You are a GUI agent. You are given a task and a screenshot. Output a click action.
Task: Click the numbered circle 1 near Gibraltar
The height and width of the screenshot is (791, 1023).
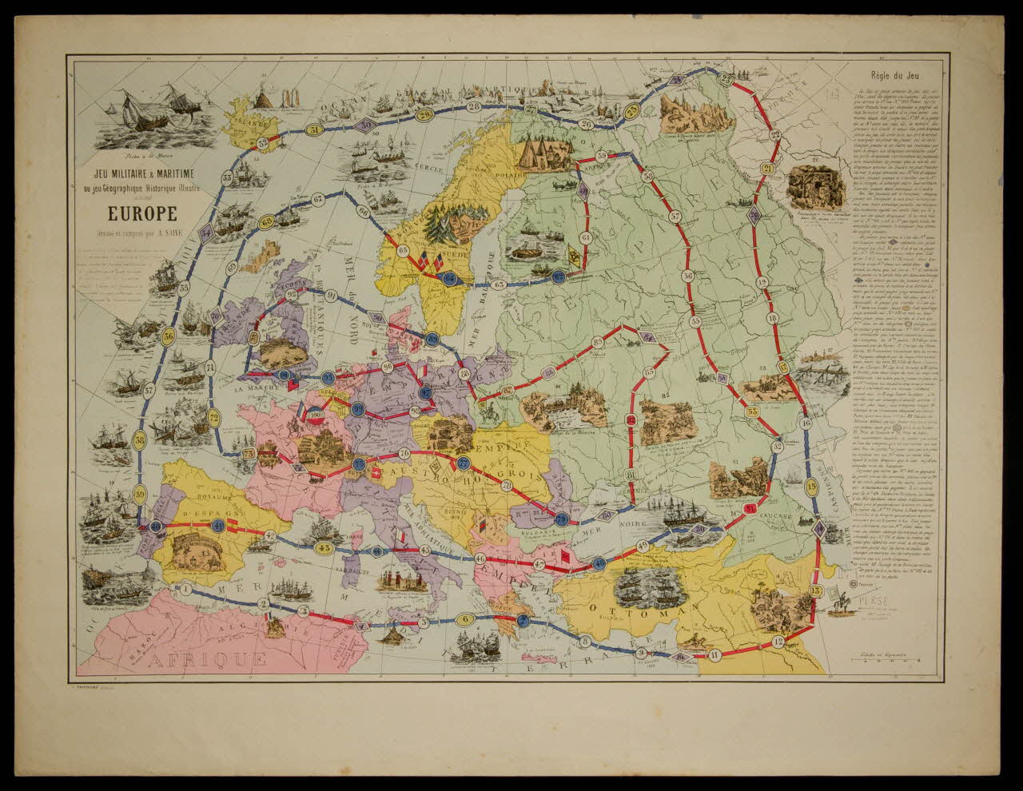pyautogui.click(x=185, y=590)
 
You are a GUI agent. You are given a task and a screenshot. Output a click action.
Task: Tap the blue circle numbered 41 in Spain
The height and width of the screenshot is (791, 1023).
pyautogui.click(x=217, y=524)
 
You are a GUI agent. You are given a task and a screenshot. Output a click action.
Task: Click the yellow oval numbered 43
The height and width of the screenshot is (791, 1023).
pyautogui.click(x=324, y=548)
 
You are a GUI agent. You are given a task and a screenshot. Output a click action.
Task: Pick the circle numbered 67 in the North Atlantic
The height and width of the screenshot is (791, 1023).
pyautogui.click(x=318, y=198)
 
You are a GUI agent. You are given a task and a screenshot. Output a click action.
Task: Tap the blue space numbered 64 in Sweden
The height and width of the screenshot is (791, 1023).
pyautogui.click(x=450, y=278)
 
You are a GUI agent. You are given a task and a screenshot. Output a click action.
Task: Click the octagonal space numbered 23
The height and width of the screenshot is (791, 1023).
pyautogui.click(x=726, y=78)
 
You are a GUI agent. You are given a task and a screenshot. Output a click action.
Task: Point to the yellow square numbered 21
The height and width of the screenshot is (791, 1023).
pyautogui.click(x=768, y=169)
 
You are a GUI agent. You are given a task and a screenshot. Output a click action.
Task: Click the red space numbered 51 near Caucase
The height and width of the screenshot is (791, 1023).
pyautogui.click(x=749, y=508)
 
